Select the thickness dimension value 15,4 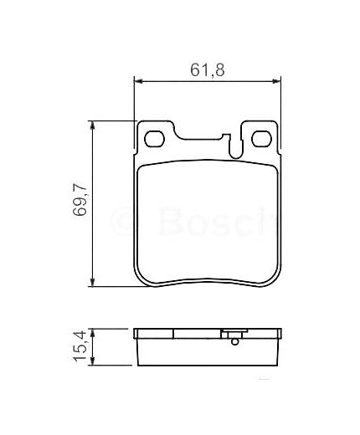[x=80, y=346]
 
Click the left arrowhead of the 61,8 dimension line [x=139, y=81]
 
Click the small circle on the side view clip [x=235, y=340]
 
